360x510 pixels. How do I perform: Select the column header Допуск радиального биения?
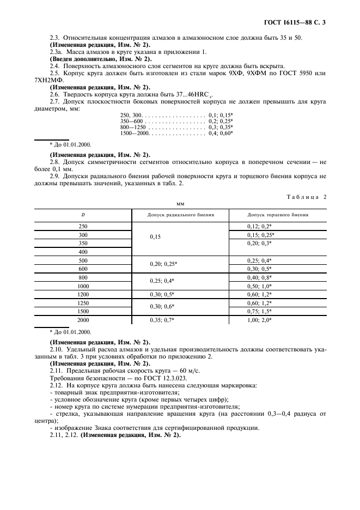pos(180,215)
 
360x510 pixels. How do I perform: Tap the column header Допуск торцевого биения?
pos(278,215)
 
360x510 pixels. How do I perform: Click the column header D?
pos(83,215)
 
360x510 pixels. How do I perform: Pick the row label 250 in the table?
pos(83,226)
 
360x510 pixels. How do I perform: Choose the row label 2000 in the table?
pos(83,320)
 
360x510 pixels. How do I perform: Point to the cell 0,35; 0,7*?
pos(162,320)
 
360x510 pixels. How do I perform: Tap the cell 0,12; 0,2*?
pos(259,226)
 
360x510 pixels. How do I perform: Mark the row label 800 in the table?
pos(83,277)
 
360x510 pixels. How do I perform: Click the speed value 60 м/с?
pos(172,370)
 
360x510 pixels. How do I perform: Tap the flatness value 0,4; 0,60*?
pos(221,133)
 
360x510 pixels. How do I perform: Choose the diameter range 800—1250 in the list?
pos(131,126)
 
